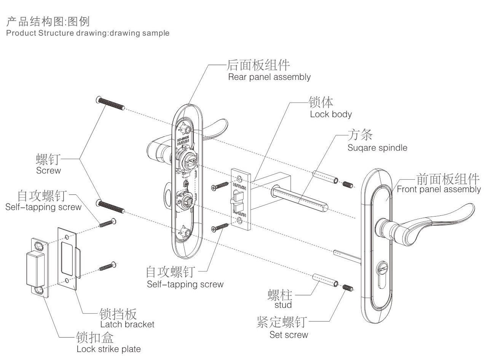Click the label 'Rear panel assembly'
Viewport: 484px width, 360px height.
tap(269, 77)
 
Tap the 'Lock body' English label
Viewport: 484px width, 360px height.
tap(331, 114)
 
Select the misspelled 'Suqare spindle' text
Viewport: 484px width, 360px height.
tap(377, 148)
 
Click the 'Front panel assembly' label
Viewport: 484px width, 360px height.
tap(438, 189)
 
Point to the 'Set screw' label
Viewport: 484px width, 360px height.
tap(288, 335)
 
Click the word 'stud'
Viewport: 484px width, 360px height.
tap(283, 305)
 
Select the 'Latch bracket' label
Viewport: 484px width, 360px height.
tap(127, 324)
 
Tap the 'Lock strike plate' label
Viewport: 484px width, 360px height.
tap(109, 349)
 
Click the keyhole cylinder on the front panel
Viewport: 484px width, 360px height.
tap(381, 272)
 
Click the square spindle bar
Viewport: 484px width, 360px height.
tap(301, 195)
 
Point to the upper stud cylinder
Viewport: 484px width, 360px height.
tap(325, 177)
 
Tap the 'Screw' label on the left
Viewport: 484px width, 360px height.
tap(48, 170)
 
